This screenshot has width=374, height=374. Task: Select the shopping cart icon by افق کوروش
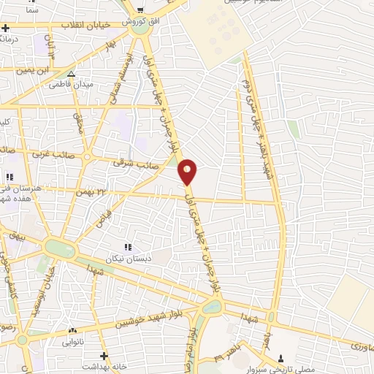(140, 10)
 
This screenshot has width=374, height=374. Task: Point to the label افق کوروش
(140, 21)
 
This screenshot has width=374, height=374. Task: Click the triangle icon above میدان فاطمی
(71, 74)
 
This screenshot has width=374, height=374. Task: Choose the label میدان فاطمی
(71, 85)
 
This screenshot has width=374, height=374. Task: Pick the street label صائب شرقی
(129, 164)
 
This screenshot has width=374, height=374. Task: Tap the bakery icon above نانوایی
(71, 330)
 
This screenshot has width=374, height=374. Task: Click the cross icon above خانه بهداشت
(105, 355)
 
